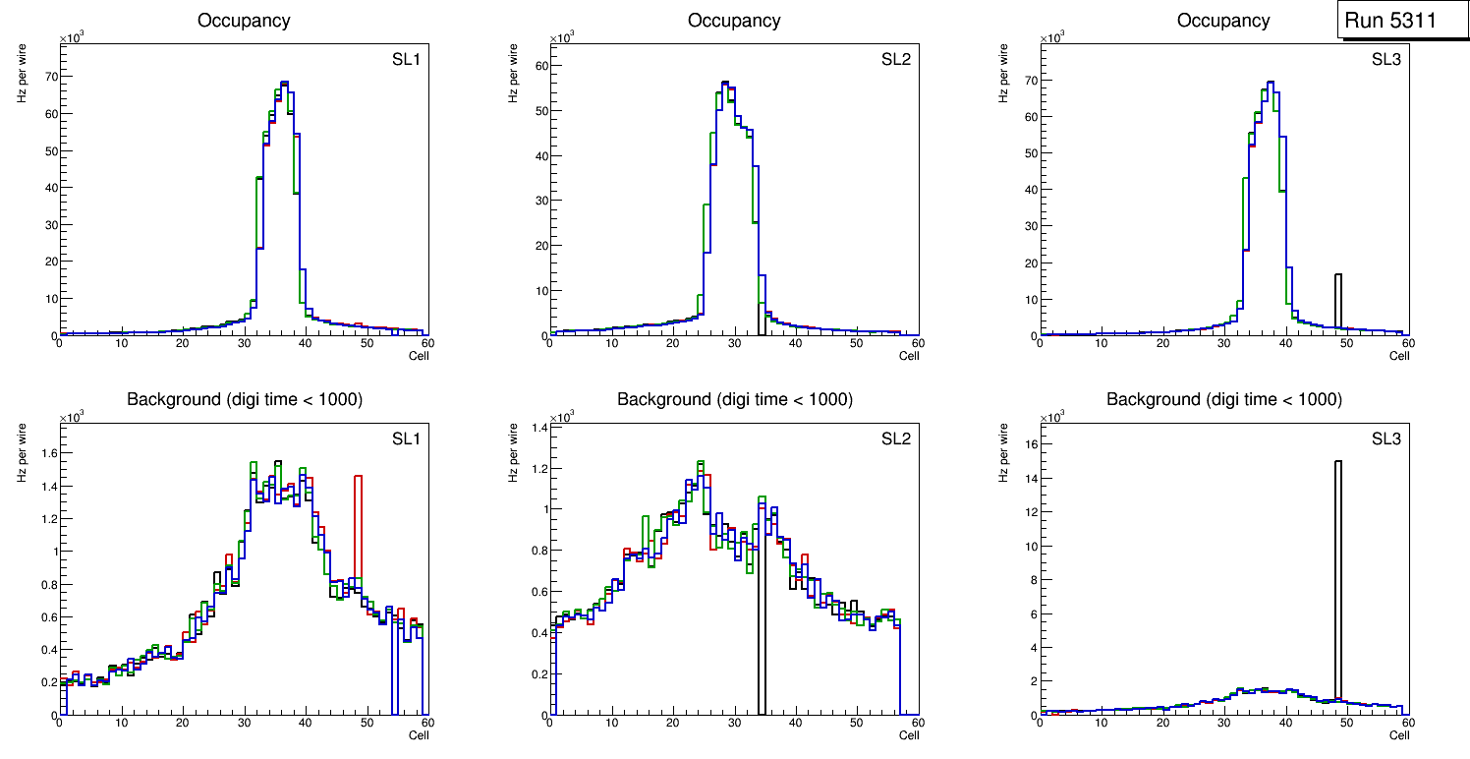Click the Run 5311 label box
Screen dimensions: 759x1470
pyautogui.click(x=1404, y=21)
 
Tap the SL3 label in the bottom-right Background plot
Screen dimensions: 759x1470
pyautogui.click(x=1386, y=438)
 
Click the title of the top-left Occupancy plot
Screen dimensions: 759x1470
pyautogui.click(x=244, y=21)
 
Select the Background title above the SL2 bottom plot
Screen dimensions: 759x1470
pyautogui.click(x=734, y=399)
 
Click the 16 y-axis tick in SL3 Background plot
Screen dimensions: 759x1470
pyautogui.click(x=1029, y=443)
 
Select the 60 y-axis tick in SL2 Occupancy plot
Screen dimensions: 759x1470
pyautogui.click(x=539, y=65)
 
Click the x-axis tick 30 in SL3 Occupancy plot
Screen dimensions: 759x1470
pyautogui.click(x=1223, y=343)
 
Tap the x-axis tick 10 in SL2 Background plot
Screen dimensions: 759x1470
pyautogui.click(x=610, y=723)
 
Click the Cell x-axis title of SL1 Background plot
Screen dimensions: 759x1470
pyautogui.click(x=419, y=734)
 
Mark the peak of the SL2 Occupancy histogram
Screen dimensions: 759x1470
pyautogui.click(x=725, y=83)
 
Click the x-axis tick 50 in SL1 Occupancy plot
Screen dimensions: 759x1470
pyautogui.click(x=366, y=343)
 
